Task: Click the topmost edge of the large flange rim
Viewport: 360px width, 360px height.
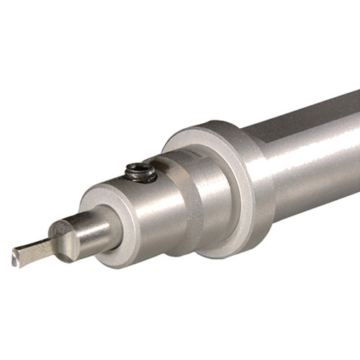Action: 209,122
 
